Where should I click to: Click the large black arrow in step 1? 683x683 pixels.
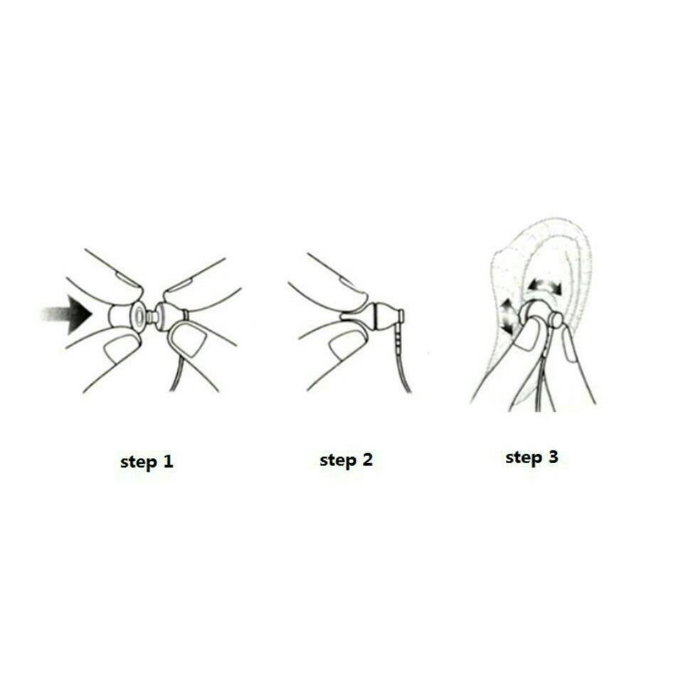pos(70,314)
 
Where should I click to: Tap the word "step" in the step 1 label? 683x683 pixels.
pos(138,462)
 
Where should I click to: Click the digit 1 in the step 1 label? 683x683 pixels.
pos(169,461)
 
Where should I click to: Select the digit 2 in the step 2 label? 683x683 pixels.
pos(368,460)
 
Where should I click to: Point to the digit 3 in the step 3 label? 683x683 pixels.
pos(553,457)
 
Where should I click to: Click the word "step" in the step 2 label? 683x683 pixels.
pos(338,461)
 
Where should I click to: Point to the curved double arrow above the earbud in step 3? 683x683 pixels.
pos(544,284)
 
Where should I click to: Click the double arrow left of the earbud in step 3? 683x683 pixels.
pos(507,317)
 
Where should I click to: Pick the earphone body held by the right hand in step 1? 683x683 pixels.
pos(169,316)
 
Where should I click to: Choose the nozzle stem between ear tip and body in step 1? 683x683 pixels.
pos(152,316)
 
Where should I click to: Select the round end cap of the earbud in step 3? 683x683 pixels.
pos(556,320)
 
